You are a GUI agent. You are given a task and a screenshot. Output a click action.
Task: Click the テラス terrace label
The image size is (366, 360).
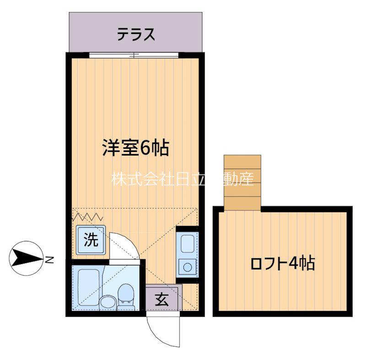pyautogui.click(x=136, y=34)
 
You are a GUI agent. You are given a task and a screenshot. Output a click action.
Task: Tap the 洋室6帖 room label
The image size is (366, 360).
pyautogui.click(x=135, y=148)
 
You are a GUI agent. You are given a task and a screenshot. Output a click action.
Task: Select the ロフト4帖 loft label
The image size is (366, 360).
pyautogui.click(x=283, y=263)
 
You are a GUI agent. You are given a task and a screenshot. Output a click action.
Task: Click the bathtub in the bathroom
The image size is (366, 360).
pyautogui.click(x=88, y=287)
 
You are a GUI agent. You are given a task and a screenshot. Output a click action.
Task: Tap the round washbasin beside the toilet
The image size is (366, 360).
pyautogui.click(x=108, y=303)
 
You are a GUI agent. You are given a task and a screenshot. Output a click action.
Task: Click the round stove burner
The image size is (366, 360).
pyautogui.click(x=188, y=267)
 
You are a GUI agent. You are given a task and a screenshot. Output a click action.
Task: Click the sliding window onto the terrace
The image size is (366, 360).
pyautogui.click(x=134, y=55)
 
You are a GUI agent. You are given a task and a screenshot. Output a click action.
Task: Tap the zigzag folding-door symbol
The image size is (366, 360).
pyautogui.click(x=88, y=217)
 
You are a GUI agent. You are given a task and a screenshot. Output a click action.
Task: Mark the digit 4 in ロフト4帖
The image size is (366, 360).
pyautogui.click(x=293, y=263)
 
